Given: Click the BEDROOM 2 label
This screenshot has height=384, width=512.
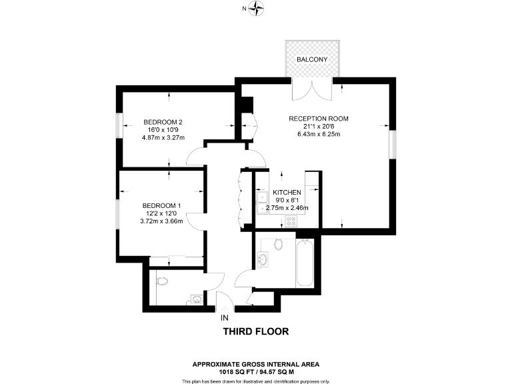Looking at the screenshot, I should (163, 121).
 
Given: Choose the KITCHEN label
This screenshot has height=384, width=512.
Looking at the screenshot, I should (287, 193).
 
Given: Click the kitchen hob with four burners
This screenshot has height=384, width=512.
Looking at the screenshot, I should (291, 220).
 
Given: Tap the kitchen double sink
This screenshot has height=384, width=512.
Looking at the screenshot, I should (259, 200).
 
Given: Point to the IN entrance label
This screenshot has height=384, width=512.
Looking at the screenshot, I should (224, 317).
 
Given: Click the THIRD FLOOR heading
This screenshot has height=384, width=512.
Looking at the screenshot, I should (255, 331).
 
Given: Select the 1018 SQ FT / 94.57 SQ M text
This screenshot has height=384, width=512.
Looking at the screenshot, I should (255, 372).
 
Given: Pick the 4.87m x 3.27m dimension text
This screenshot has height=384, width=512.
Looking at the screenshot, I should (163, 137).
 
